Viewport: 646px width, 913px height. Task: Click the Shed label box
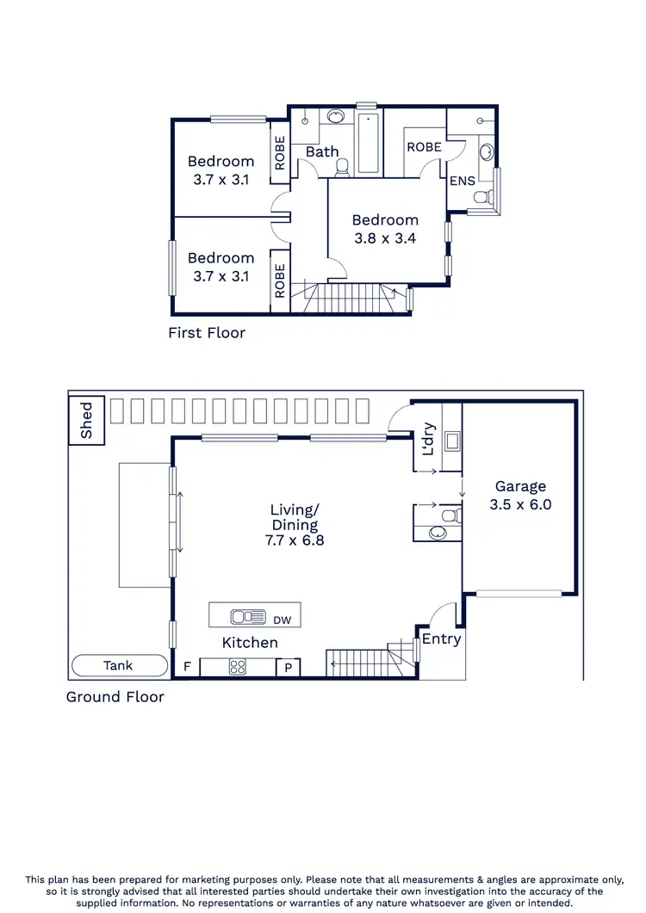tap(86, 421)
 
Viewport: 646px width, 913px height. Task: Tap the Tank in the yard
tap(119, 665)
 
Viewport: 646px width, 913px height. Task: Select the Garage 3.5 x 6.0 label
tap(520, 497)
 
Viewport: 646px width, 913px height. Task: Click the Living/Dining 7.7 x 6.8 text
tap(294, 525)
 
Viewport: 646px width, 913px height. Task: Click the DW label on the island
tap(282, 620)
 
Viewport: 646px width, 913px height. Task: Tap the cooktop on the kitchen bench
tap(238, 666)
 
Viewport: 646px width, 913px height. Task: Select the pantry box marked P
tap(287, 667)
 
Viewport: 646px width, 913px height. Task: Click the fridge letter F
tap(187, 667)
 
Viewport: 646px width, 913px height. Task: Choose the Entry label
tap(441, 638)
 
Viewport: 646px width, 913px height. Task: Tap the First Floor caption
tap(207, 333)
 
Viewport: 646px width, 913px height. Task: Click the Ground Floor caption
tap(115, 696)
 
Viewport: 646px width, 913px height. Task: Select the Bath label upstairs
tap(322, 152)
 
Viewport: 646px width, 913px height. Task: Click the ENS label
tap(462, 182)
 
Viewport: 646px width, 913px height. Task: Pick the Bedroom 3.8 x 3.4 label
tap(385, 229)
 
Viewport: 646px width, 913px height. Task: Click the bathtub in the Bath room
tap(368, 142)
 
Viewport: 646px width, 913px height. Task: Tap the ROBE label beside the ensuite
tap(424, 147)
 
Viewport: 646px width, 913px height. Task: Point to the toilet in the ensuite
tap(483, 197)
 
